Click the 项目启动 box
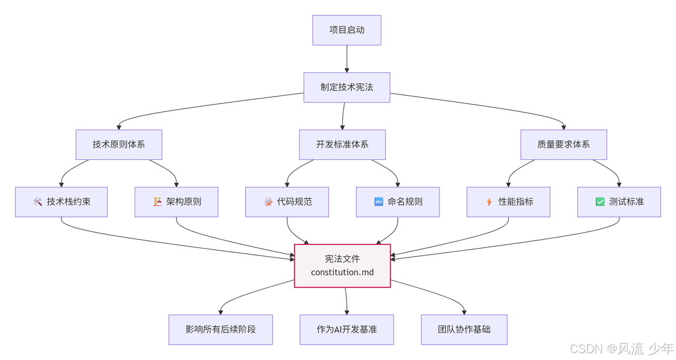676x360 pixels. point(346,30)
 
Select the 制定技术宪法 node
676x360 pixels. point(346,87)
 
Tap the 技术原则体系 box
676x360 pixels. point(119,144)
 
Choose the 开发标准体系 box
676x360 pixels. point(342,144)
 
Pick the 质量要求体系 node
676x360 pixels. point(564,144)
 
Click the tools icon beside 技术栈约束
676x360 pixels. point(37,202)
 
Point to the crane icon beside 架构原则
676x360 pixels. point(157,202)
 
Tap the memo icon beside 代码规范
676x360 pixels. point(268,202)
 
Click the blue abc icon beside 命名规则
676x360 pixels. point(379,202)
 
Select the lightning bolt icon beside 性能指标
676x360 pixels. point(489,202)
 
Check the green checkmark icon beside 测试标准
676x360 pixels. point(600,202)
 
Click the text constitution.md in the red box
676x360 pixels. point(342,272)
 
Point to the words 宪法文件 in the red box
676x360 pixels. point(342,259)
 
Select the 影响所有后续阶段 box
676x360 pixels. point(220,329)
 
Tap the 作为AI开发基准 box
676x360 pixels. point(346,329)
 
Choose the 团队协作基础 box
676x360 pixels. point(464,329)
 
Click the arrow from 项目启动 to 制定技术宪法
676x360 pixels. point(347,59)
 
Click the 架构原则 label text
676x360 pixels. point(183,202)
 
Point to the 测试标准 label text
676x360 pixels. point(626,202)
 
